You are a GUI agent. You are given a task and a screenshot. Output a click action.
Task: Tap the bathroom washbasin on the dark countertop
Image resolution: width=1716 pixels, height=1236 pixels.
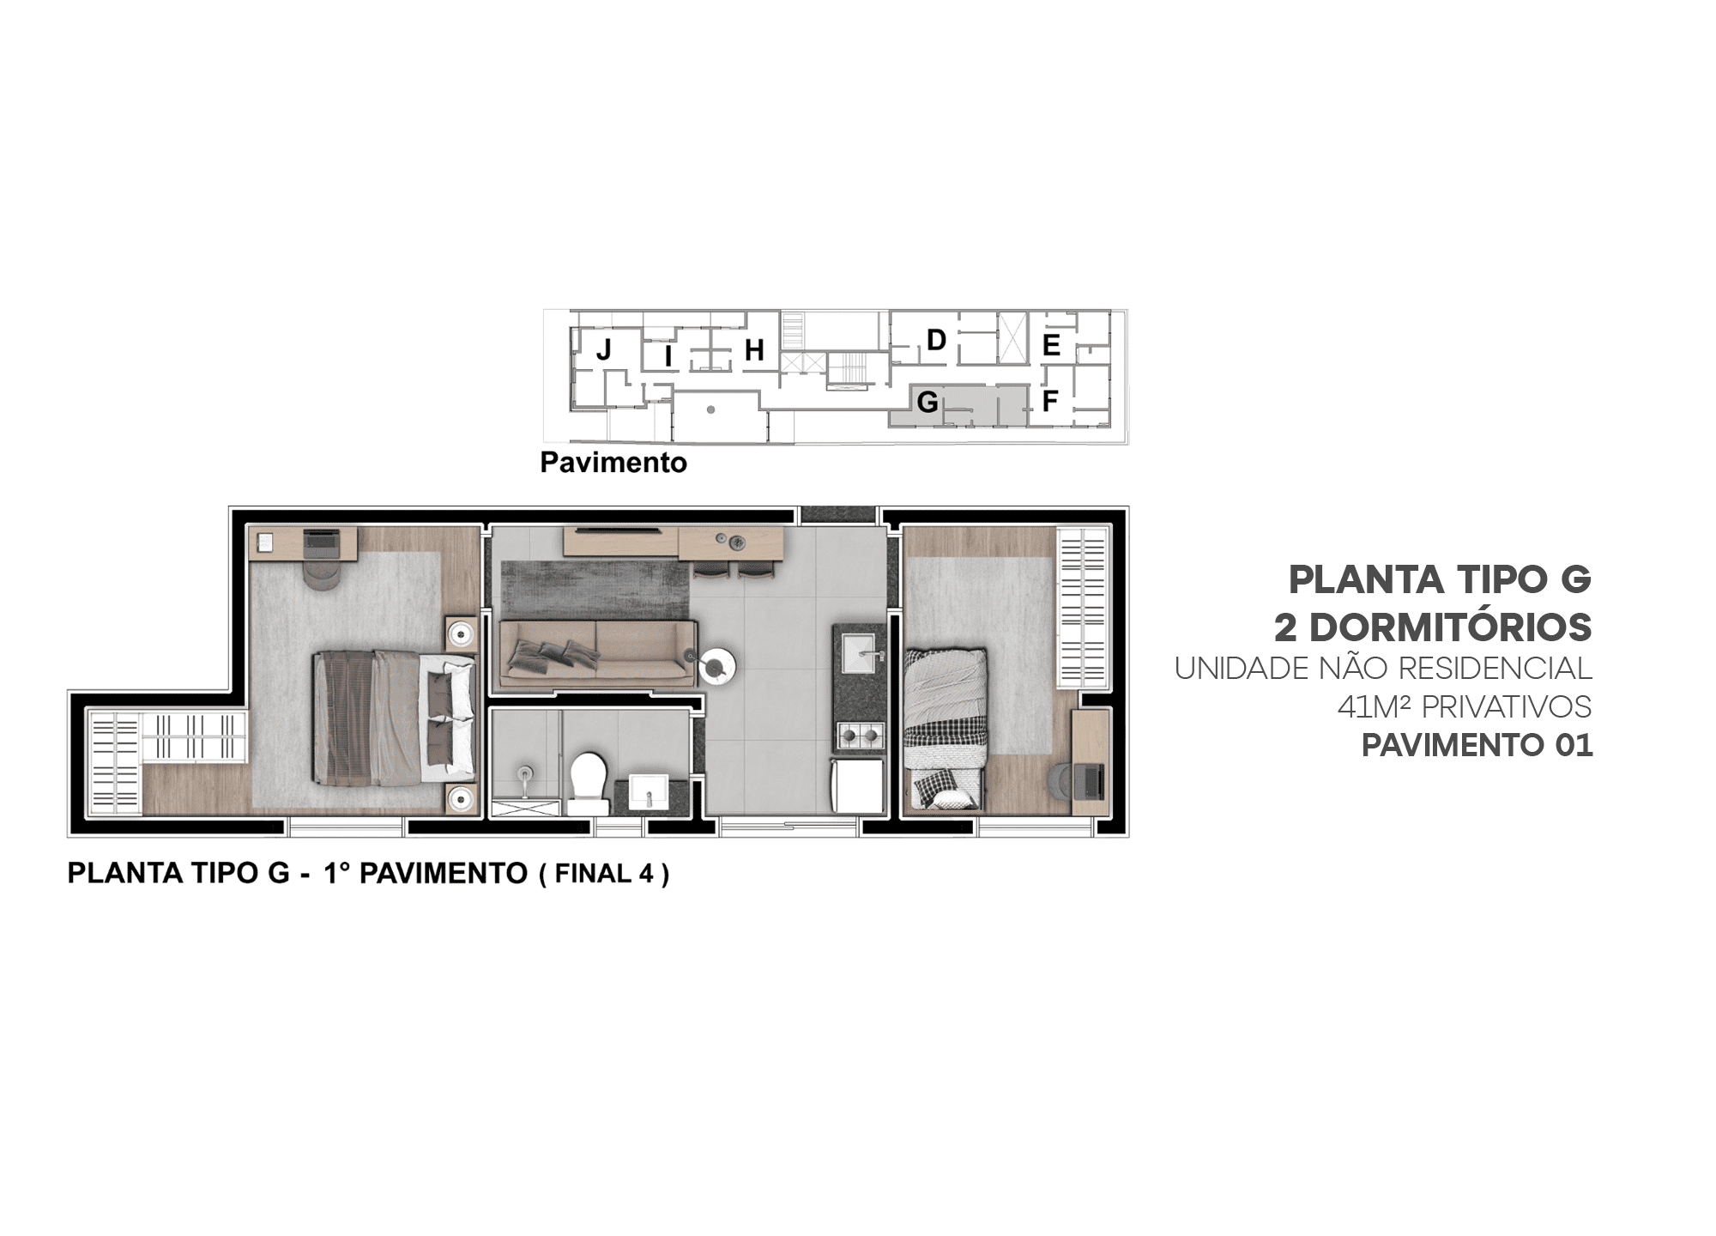[x=649, y=791]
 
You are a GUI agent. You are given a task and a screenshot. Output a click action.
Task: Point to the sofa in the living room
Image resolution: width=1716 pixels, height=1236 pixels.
[x=597, y=653]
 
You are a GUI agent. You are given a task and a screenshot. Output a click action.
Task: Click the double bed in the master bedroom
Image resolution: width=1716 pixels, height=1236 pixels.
[x=395, y=718]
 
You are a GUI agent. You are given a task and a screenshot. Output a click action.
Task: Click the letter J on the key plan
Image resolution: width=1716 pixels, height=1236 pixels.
[x=604, y=349]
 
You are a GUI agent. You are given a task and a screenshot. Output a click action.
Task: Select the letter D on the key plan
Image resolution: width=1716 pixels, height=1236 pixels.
[x=936, y=340]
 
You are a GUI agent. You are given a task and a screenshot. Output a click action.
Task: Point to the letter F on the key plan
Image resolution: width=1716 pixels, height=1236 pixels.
[x=1050, y=400]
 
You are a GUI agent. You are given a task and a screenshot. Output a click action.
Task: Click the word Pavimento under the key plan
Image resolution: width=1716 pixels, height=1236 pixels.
[x=613, y=463]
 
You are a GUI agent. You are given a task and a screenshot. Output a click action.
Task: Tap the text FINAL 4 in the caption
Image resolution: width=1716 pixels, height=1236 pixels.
[x=604, y=874]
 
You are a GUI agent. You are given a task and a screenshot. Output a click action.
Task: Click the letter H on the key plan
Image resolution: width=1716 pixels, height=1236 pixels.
[x=754, y=350]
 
